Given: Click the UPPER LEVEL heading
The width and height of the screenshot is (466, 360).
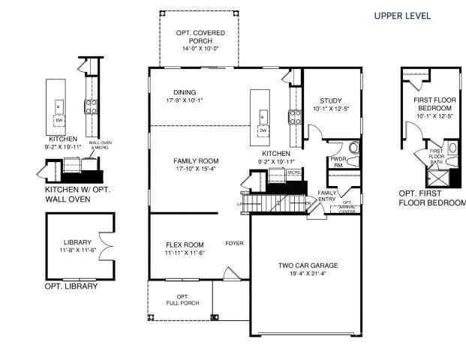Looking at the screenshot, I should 402,16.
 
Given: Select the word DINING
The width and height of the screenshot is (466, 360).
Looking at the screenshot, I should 185,93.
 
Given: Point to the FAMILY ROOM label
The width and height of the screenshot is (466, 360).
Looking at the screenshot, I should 195,161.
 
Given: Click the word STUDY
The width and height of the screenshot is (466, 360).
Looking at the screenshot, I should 331,101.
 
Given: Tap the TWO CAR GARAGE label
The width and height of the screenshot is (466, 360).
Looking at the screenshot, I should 308,265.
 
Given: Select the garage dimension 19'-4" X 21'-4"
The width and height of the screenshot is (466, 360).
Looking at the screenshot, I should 308,275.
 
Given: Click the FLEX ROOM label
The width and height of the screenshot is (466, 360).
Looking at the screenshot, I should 185,244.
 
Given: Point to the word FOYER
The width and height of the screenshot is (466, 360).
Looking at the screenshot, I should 234,244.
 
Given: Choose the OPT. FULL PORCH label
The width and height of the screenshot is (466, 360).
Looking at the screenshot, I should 182,299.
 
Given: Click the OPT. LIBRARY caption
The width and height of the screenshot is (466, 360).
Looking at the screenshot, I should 71,286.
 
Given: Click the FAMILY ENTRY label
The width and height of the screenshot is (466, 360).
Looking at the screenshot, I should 326,196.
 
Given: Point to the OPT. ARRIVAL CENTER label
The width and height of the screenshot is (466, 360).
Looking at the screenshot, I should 347,207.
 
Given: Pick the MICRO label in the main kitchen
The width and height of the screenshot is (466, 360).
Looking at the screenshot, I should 293,172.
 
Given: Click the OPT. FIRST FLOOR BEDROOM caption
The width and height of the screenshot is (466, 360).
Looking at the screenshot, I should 430,197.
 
